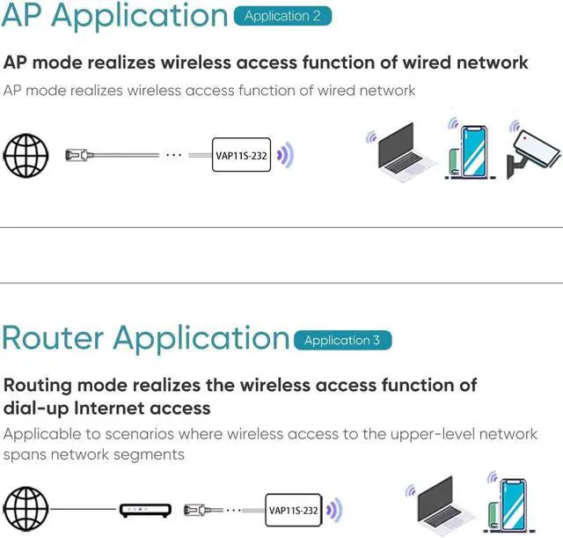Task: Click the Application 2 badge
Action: pyautogui.click(x=282, y=16)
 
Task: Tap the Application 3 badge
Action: pyautogui.click(x=342, y=340)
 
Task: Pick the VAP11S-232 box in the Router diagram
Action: pyautogui.click(x=292, y=509)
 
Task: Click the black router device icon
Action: pyautogui.click(x=143, y=509)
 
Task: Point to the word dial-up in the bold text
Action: pyautogui.click(x=36, y=408)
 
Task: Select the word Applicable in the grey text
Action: pyautogui.click(x=43, y=434)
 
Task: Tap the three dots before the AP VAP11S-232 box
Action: pyautogui.click(x=173, y=155)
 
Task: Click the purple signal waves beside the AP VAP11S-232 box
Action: pyautogui.click(x=283, y=156)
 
